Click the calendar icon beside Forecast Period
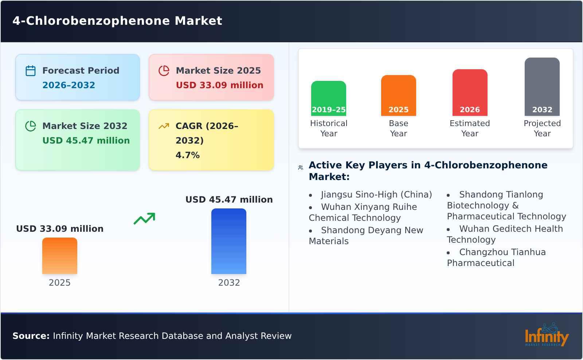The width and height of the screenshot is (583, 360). coord(31,71)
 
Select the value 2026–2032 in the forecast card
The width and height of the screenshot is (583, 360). coord(69,85)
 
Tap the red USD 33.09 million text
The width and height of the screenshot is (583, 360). coord(219,85)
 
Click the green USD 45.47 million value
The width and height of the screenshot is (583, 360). coord(86,141)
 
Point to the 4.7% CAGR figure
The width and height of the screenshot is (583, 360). coord(187,155)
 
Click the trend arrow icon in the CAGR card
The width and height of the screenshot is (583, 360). coord(164,126)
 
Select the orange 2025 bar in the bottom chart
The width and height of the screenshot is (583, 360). coord(60,256)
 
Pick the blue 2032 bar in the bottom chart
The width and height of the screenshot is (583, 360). coord(229,241)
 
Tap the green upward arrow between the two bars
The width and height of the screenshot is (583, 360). coord(144,219)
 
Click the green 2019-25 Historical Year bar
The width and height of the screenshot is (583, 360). coord(329,98)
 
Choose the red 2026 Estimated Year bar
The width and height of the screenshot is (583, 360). coord(470,93)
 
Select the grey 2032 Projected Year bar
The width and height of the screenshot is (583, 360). coord(542,87)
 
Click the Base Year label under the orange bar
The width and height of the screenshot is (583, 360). coord(398,128)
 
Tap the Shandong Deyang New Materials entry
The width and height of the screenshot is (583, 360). coord(366,236)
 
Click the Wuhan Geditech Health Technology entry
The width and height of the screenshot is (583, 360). coord(505,234)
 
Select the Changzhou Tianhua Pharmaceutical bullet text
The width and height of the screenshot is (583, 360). coord(496,257)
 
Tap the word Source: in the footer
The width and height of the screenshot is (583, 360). coord(31,336)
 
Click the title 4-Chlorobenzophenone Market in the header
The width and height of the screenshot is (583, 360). coord(117,21)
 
